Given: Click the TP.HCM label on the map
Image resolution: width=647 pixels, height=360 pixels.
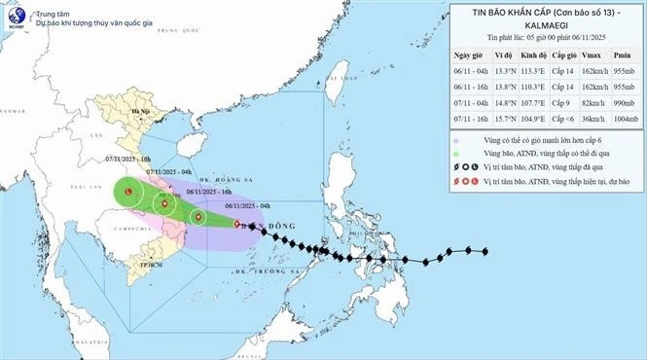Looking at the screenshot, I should [x=150, y=263].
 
